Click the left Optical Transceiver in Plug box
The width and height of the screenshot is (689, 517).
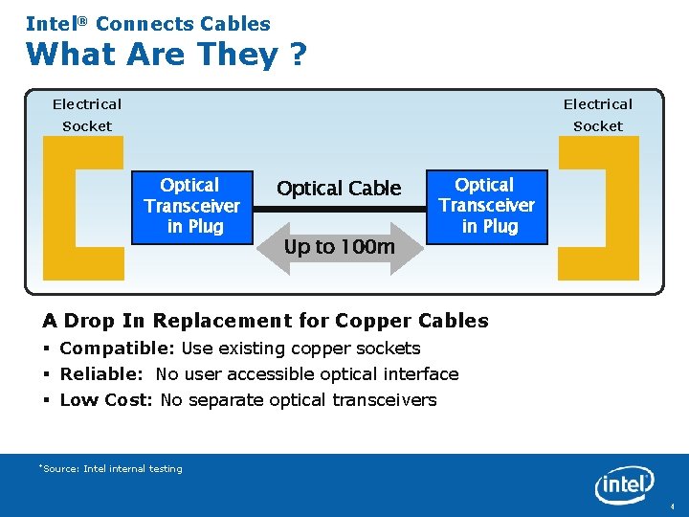click(192, 206)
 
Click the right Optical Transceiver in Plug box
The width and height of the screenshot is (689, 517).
click(487, 206)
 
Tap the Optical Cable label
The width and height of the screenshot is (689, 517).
click(339, 189)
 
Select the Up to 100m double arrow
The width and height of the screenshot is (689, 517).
click(340, 247)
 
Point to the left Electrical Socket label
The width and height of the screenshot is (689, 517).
click(87, 115)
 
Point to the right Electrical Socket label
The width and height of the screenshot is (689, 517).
click(597, 115)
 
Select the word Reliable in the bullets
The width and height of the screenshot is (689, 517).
click(99, 374)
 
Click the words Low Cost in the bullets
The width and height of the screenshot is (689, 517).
click(103, 400)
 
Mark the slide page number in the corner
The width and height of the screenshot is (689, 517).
click(673, 506)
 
